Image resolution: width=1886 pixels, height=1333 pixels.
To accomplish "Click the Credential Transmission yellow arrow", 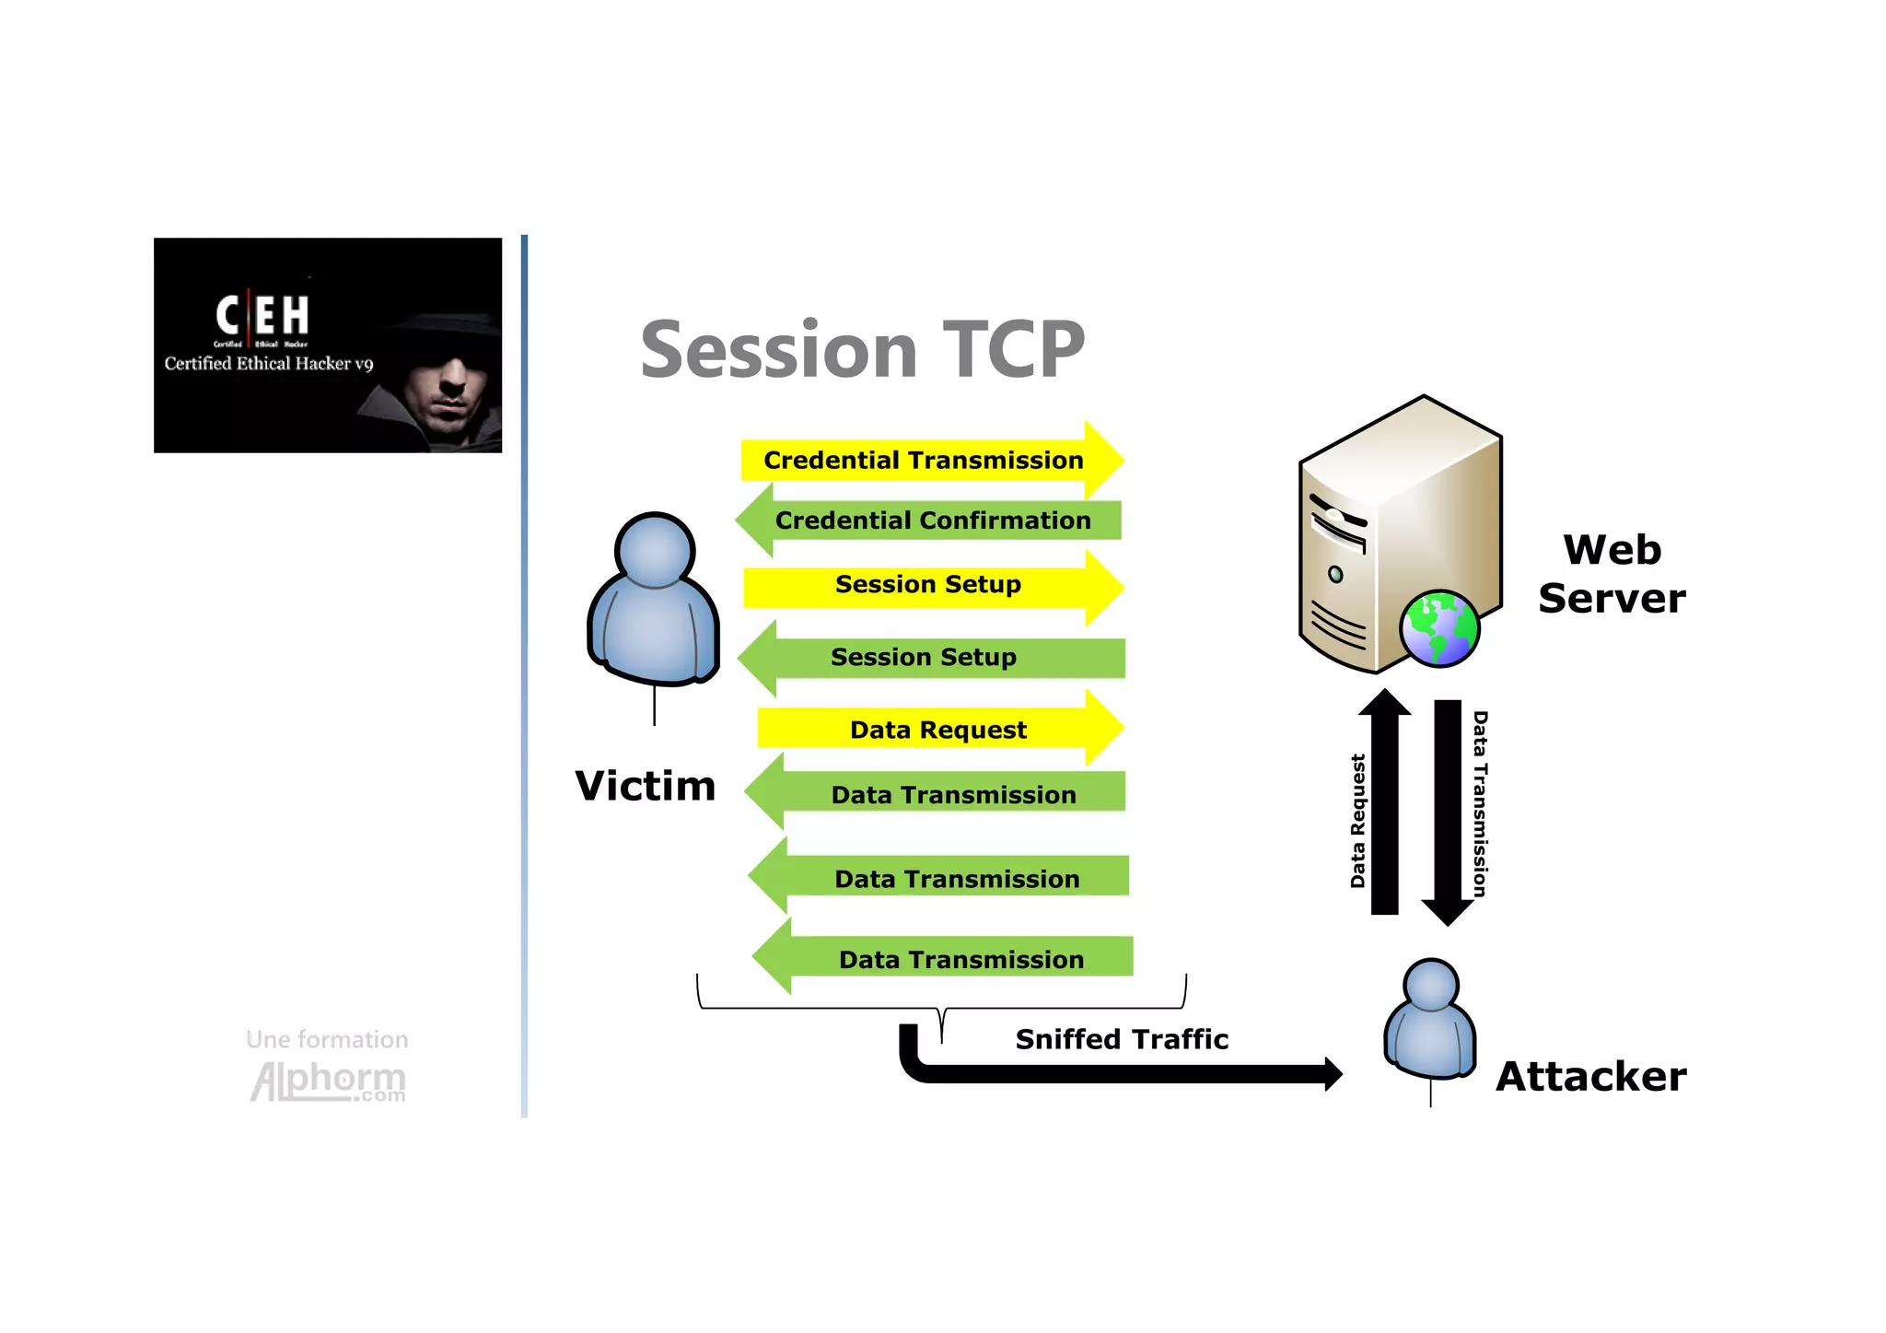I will tap(930, 460).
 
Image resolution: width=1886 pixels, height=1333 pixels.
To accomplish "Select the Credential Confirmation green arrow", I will tap(930, 520).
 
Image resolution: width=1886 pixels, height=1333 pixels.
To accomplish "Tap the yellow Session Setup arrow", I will tap(930, 586).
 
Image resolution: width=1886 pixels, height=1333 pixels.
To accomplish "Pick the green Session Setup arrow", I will tap(930, 658).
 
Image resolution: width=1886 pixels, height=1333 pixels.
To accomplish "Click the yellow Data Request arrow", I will tap(937, 730).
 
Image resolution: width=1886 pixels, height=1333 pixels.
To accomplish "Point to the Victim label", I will tap(645, 787).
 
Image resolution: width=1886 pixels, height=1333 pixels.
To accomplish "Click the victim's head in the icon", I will tap(655, 550).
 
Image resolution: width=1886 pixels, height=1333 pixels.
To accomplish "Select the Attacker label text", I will tap(1590, 1076).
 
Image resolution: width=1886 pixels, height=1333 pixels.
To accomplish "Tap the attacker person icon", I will tap(1430, 1023).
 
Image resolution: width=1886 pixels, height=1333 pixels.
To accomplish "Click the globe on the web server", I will tap(1438, 628).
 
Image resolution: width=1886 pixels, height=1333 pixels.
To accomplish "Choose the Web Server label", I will tap(1612, 574).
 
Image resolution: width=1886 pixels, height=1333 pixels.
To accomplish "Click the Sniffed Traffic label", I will tap(1121, 1039).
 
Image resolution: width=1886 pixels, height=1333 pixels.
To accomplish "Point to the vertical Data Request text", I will tap(1357, 820).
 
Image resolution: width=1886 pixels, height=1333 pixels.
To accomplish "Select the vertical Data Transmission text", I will tap(1480, 803).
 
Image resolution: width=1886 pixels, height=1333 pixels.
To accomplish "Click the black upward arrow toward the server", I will tap(1384, 801).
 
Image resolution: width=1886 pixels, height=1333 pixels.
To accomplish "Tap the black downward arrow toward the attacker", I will tap(1448, 811).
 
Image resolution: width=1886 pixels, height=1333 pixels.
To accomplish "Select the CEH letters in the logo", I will tap(262, 316).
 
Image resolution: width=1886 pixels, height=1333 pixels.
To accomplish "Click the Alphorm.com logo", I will tap(328, 1081).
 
